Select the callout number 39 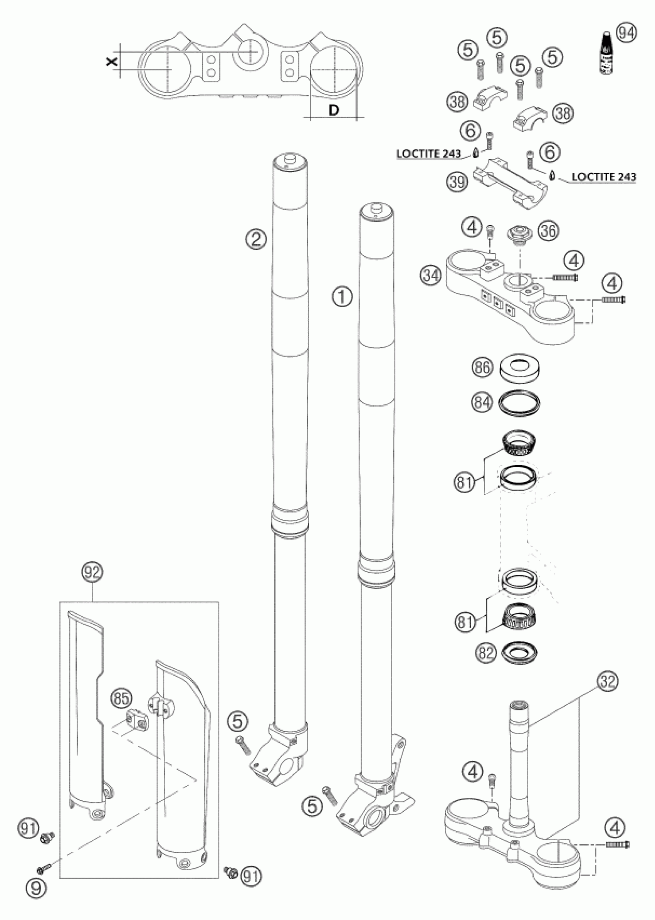[x=457, y=182]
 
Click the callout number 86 [x=482, y=367]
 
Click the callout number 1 [x=342, y=298]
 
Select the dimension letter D [x=334, y=110]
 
